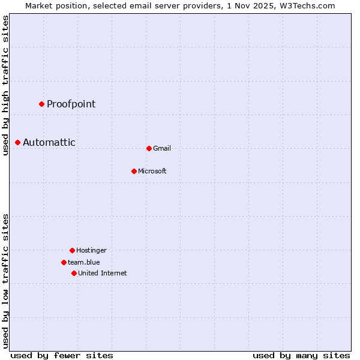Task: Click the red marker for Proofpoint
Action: (x=41, y=104)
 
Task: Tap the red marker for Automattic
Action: (x=17, y=142)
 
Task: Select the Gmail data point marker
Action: (x=149, y=148)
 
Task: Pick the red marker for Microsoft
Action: (x=134, y=171)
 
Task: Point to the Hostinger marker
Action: (x=72, y=250)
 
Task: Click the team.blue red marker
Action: (x=64, y=262)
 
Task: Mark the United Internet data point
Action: (x=74, y=273)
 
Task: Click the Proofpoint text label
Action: (x=71, y=104)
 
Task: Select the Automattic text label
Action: (x=49, y=142)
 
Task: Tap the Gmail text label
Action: (x=162, y=148)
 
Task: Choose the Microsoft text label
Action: (x=152, y=171)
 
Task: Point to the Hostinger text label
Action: (x=91, y=250)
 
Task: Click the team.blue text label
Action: (x=84, y=262)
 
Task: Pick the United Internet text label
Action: (x=103, y=273)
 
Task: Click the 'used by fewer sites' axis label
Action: (x=62, y=355)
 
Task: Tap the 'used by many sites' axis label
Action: (x=301, y=355)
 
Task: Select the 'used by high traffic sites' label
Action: (x=5, y=85)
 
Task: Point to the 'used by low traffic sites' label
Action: (x=5, y=281)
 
